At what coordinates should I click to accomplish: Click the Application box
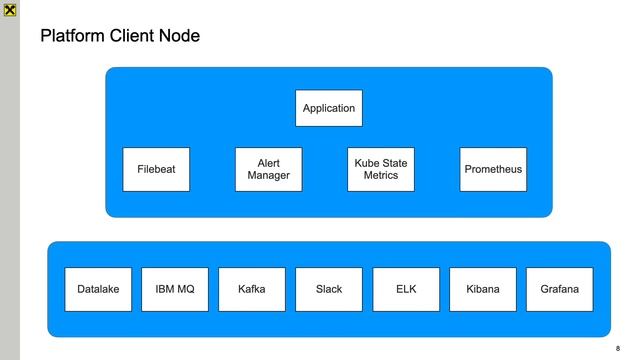pyautogui.click(x=328, y=108)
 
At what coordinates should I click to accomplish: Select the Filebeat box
pyautogui.click(x=156, y=169)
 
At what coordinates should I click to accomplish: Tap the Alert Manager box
pyautogui.click(x=268, y=169)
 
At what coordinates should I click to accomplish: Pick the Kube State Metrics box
pyautogui.click(x=380, y=169)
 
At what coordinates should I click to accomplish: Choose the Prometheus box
pyautogui.click(x=493, y=169)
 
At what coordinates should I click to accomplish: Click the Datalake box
pyautogui.click(x=98, y=289)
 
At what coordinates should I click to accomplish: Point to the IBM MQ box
pyautogui.click(x=175, y=289)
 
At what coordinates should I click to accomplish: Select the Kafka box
pyautogui.click(x=252, y=289)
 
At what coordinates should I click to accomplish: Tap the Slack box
pyautogui.click(x=328, y=289)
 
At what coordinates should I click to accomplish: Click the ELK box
pyautogui.click(x=406, y=289)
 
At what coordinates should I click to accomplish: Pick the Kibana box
pyautogui.click(x=483, y=289)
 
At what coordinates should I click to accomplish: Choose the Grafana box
pyautogui.click(x=559, y=289)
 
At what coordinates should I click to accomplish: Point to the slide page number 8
pyautogui.click(x=618, y=348)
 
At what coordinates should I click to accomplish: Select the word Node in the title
pyautogui.click(x=180, y=37)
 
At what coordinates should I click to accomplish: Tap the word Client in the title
pyautogui.click(x=135, y=37)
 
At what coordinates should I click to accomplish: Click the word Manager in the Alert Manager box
pyautogui.click(x=268, y=176)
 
